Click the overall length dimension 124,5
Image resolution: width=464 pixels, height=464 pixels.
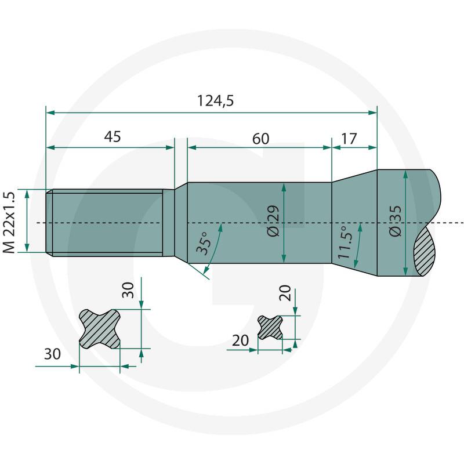point(215,100)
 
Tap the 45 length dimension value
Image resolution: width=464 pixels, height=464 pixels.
point(113,136)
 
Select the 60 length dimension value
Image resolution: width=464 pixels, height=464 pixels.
point(260,139)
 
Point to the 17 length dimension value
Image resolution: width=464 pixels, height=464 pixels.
point(349,139)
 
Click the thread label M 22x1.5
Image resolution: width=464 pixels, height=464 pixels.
point(9,222)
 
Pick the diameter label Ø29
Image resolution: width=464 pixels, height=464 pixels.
point(273,221)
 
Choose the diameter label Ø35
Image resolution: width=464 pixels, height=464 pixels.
point(396,221)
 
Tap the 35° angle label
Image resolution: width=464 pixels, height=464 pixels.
point(204,243)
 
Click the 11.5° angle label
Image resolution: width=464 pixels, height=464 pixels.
point(345,242)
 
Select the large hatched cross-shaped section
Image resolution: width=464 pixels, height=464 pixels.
point(100,329)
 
